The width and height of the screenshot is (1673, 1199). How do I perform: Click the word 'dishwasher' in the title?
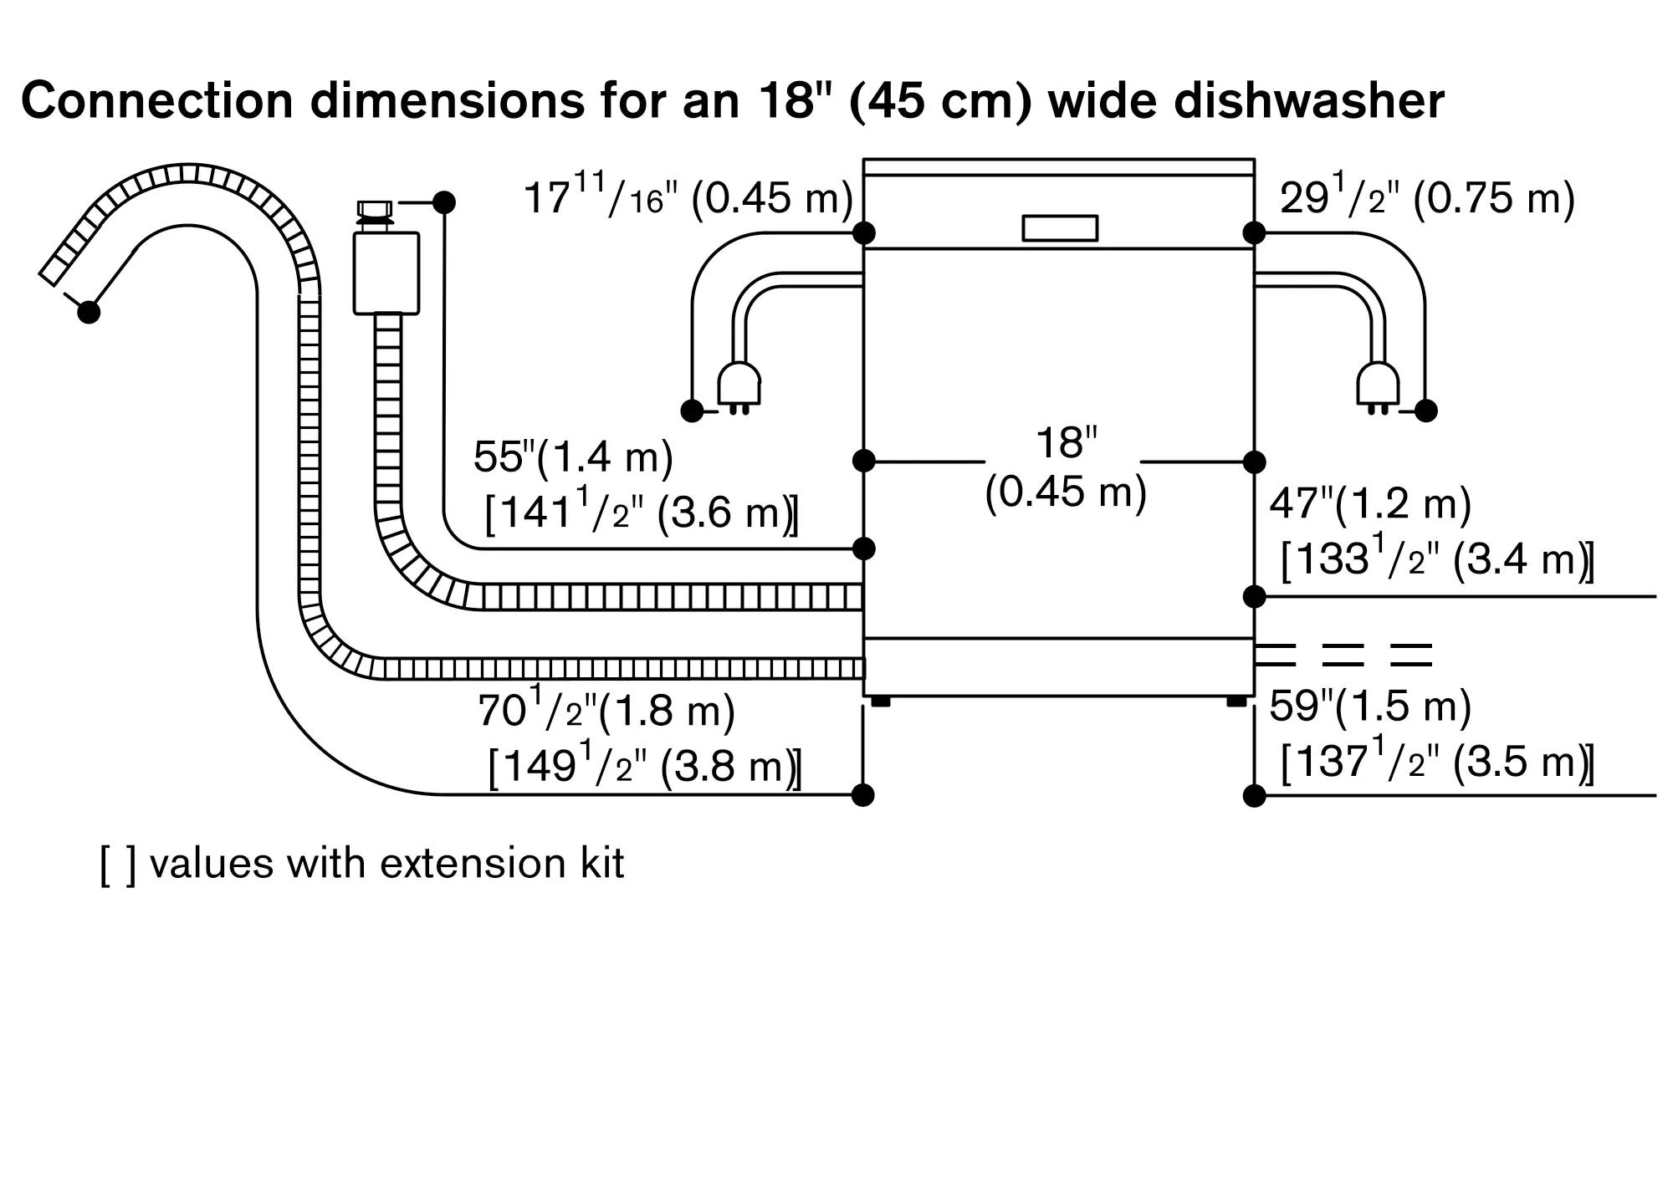click(x=1309, y=101)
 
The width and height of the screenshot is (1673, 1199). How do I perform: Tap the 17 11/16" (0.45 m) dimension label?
click(x=688, y=199)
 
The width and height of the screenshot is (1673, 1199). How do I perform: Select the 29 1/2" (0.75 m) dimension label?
click(x=1427, y=199)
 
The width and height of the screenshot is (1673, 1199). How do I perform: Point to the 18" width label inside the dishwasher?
click(x=1066, y=442)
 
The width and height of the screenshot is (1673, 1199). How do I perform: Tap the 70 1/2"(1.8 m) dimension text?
click(x=606, y=711)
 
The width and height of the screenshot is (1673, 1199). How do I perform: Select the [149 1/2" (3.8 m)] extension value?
click(x=645, y=765)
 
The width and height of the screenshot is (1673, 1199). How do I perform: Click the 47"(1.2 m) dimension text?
click(x=1370, y=504)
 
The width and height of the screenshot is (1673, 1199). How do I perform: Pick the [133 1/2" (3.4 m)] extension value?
click(x=1437, y=559)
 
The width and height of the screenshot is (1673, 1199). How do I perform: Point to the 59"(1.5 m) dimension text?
click(x=1370, y=707)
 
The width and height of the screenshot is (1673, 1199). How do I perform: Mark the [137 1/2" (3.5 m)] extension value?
click(x=1437, y=762)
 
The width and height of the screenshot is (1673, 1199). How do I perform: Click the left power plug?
click(x=739, y=387)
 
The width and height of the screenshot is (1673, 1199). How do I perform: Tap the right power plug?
click(x=1378, y=387)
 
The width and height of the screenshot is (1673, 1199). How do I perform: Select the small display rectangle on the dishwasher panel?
click(x=1060, y=228)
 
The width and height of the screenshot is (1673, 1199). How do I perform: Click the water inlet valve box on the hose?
click(x=386, y=273)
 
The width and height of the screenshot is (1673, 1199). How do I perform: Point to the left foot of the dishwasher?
click(x=881, y=702)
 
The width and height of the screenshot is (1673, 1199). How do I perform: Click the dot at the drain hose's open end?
click(x=89, y=312)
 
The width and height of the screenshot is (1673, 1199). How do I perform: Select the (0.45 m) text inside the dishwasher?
click(x=1066, y=492)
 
